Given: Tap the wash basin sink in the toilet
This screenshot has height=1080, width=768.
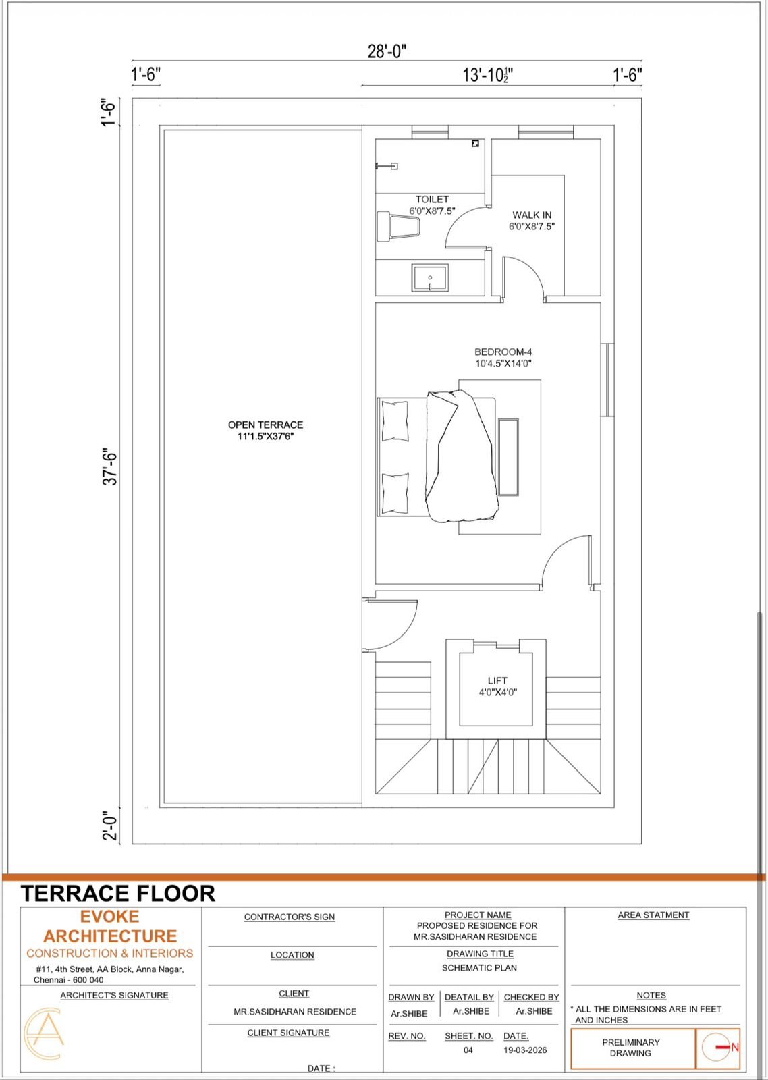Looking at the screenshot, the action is [430, 277].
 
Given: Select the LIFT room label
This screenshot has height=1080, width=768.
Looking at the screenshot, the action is [497, 681].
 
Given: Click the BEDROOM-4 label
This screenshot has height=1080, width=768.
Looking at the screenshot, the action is [503, 352].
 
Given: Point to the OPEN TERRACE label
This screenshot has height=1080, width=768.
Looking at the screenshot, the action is [266, 425].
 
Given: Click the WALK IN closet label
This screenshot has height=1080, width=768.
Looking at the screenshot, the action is [532, 215].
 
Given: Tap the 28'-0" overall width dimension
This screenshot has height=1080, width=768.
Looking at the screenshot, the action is [387, 51].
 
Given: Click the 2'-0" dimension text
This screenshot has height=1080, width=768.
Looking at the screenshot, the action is [111, 826].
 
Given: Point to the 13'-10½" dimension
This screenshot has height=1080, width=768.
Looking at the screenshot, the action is [487, 75].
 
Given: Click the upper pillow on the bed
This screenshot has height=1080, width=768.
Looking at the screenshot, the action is [395, 421].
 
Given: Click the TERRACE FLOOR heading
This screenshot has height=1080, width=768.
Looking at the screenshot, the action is [117, 894].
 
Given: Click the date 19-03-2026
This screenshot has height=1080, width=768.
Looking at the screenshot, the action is [525, 1050].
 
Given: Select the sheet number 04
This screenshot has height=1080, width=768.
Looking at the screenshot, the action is [468, 1050].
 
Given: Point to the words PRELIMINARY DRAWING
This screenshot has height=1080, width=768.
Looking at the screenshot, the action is [630, 1047].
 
